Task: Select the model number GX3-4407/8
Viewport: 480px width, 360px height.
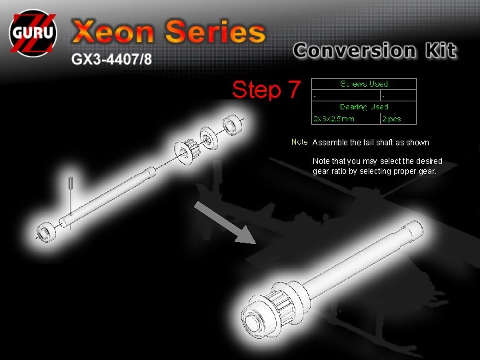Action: pos(112,59)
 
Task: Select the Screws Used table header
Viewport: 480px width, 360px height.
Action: pos(364,84)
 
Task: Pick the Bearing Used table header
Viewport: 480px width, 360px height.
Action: pos(364,107)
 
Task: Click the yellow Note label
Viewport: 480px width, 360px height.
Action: pos(299,142)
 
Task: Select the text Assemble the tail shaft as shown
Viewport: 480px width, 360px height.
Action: pos(371,143)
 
